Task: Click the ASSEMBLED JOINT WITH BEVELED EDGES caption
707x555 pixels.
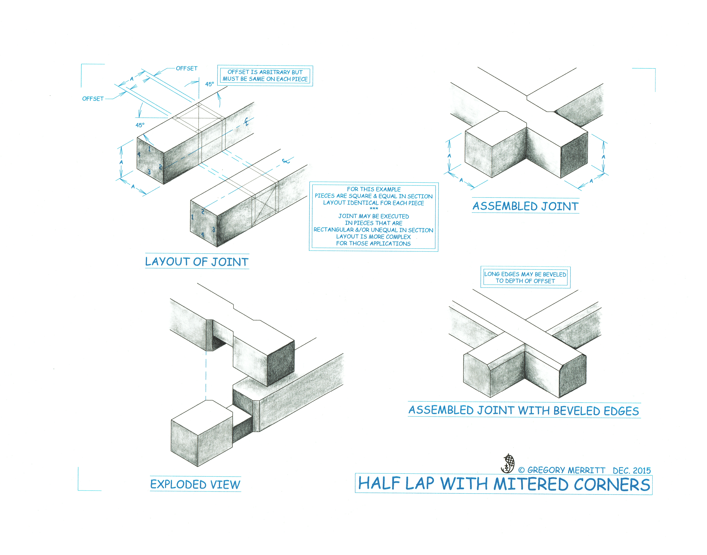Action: (x=524, y=410)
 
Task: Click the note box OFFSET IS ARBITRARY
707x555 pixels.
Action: (x=265, y=75)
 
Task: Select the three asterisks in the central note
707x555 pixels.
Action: (x=374, y=209)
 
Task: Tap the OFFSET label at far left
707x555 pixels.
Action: (x=93, y=98)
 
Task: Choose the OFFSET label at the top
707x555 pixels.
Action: (x=187, y=68)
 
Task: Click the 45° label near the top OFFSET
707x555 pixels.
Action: (x=209, y=84)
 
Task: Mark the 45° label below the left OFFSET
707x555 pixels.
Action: (x=140, y=125)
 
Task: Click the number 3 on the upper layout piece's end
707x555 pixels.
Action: (x=149, y=172)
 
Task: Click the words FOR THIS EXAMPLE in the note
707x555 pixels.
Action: (x=374, y=189)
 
